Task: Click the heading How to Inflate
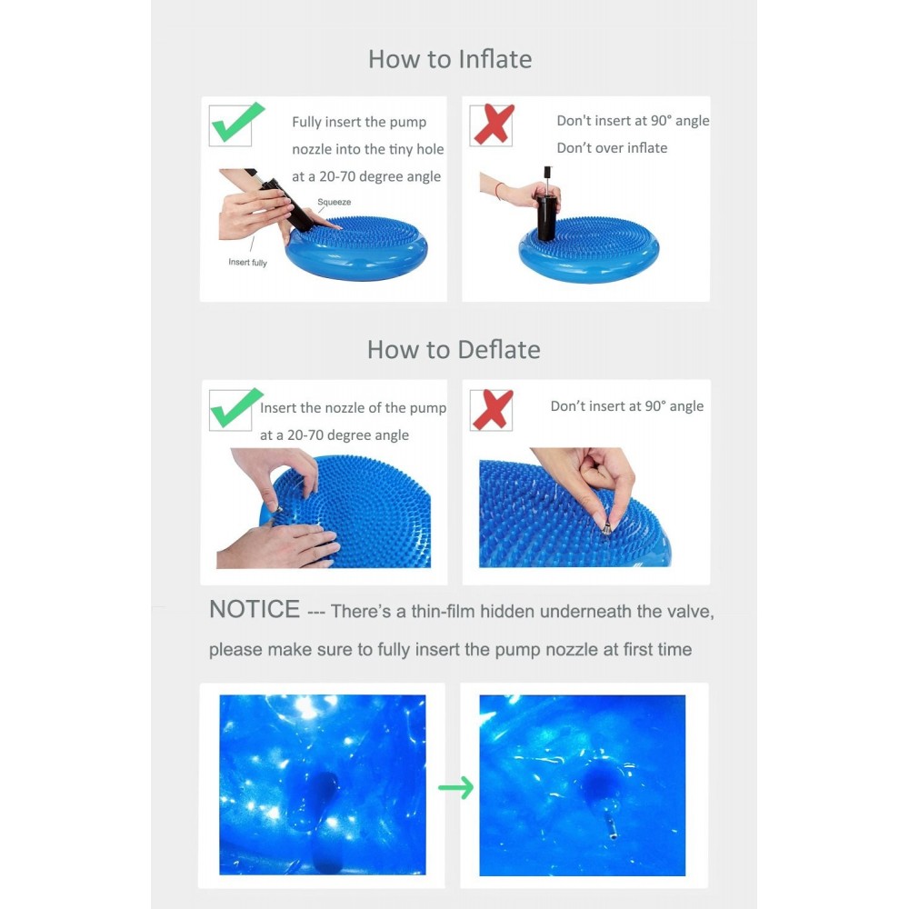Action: coord(450,59)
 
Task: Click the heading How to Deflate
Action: coord(454,350)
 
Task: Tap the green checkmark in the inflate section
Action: coord(237,123)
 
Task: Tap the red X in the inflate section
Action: coord(493,124)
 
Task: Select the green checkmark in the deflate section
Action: coord(236,408)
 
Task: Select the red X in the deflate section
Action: coord(492,410)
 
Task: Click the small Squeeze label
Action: coord(334,202)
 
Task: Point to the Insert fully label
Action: coord(247,262)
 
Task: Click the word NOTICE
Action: coord(255,609)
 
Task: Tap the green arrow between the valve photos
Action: coord(455,788)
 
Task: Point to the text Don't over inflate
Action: coord(612,148)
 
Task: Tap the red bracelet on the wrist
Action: coord(498,190)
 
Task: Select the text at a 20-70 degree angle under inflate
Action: coord(366,176)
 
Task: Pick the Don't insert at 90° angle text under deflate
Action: coord(626,405)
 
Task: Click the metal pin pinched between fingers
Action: coord(605,527)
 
